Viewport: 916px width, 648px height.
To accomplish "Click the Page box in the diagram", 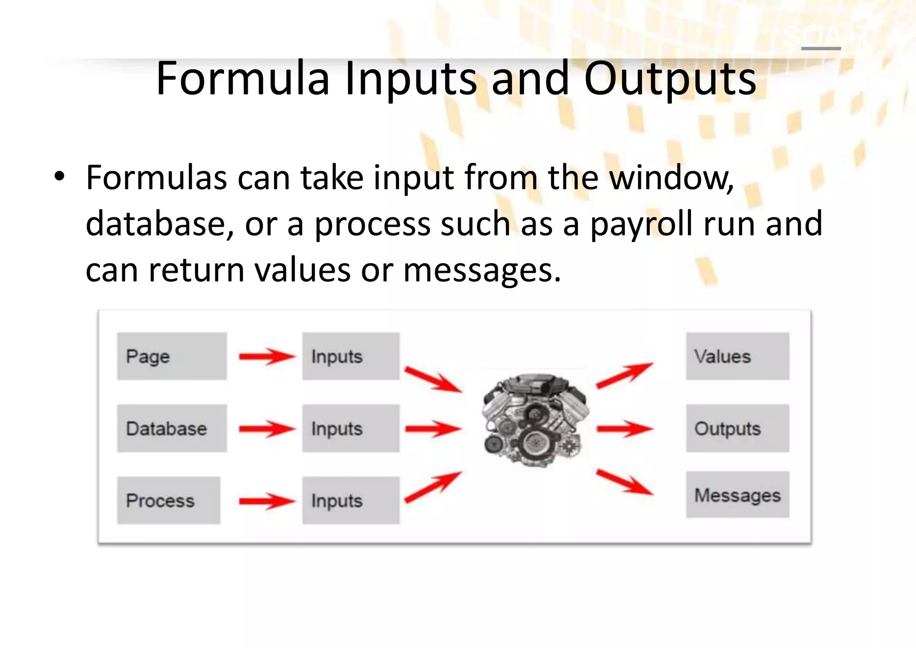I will [x=172, y=356].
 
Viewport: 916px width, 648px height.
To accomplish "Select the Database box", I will [x=172, y=428].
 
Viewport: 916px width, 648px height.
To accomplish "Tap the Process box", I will [x=169, y=500].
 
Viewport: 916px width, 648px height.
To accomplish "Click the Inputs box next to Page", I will [x=351, y=356].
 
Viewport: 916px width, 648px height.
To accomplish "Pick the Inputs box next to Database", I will [x=351, y=428].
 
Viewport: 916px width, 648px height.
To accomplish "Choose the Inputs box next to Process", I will [x=351, y=500].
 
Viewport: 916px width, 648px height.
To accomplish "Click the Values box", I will [x=738, y=356].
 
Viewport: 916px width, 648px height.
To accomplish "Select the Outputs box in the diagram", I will [x=738, y=428].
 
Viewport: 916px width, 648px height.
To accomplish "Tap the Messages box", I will [x=738, y=495].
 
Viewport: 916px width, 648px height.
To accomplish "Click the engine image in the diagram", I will [x=535, y=420].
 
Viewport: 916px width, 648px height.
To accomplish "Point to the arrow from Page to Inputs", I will [x=267, y=356].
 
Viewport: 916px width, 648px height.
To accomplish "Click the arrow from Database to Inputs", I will [x=267, y=429].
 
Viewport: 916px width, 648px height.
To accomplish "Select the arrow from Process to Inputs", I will [x=267, y=501].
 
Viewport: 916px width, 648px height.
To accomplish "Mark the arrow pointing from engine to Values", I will [x=624, y=375].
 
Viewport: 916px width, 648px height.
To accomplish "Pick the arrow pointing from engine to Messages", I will [x=624, y=482].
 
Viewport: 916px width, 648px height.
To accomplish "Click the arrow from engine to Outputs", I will [x=624, y=429].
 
